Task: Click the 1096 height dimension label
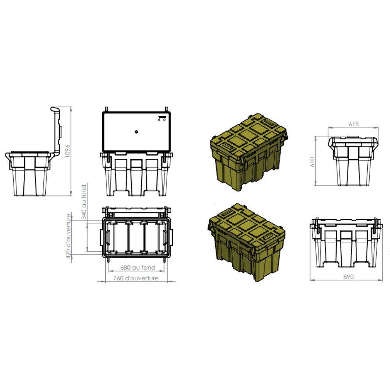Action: click(x=67, y=150)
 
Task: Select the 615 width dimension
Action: click(x=353, y=124)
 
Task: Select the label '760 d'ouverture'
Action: click(x=135, y=278)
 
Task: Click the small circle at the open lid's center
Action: click(x=136, y=132)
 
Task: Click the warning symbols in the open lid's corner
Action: click(x=162, y=118)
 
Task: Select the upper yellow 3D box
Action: click(x=248, y=152)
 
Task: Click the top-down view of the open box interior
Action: click(x=136, y=236)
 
